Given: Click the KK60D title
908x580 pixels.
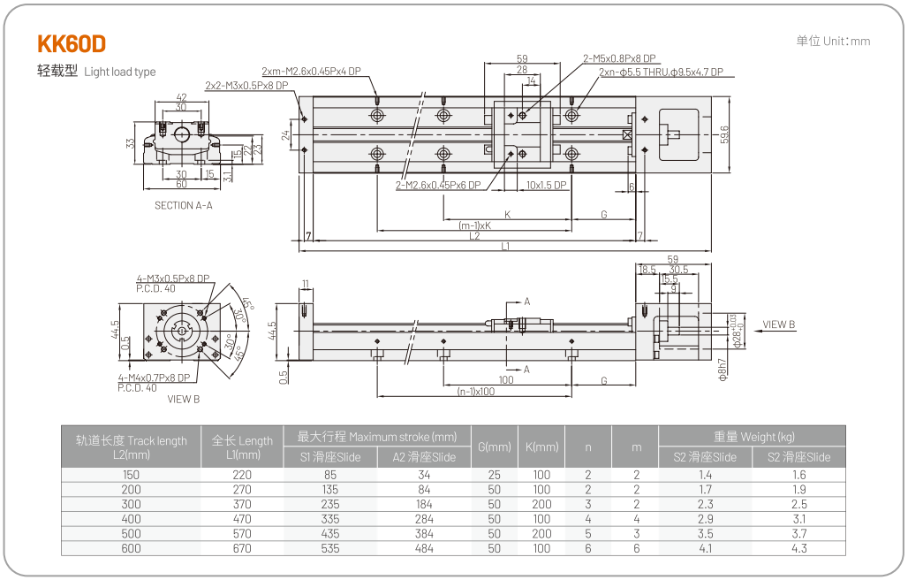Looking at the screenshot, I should pyautogui.click(x=72, y=44).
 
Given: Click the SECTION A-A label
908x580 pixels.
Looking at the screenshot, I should pyautogui.click(x=183, y=205).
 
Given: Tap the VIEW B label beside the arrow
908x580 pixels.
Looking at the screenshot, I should pyautogui.click(x=779, y=324).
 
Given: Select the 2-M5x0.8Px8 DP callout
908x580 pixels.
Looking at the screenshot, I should pyautogui.click(x=618, y=58).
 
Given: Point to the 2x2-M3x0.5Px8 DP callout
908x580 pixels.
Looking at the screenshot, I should pyautogui.click(x=246, y=86).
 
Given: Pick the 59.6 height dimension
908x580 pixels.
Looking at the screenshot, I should pyautogui.click(x=724, y=134).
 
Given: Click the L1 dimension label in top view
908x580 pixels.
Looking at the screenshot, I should pyautogui.click(x=505, y=247).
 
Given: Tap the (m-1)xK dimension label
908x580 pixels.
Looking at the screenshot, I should pyautogui.click(x=474, y=225).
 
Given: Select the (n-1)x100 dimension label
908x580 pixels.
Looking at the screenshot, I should pyautogui.click(x=475, y=391).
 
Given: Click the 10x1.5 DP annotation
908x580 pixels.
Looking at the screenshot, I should pyautogui.click(x=546, y=186).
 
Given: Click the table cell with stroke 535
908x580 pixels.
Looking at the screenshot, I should pyautogui.click(x=330, y=548).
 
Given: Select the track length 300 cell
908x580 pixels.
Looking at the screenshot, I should pyautogui.click(x=131, y=504).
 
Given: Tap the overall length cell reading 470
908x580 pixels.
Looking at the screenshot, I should pyautogui.click(x=242, y=519).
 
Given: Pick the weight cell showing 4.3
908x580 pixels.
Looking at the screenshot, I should pyautogui.click(x=798, y=548).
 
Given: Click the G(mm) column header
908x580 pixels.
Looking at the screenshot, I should pyautogui.click(x=494, y=446).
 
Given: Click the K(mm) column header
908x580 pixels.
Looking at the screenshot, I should pyautogui.click(x=541, y=446).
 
